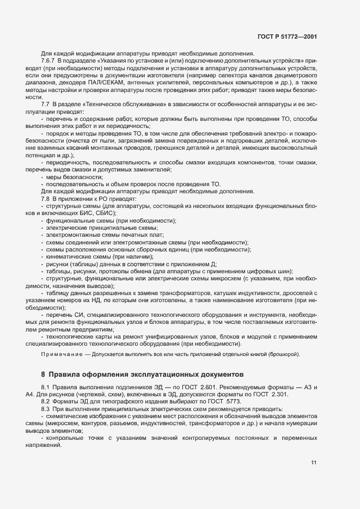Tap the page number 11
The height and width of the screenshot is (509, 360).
click(x=314, y=463)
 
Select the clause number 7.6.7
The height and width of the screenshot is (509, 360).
click(x=50, y=60)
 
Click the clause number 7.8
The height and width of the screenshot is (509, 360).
click(x=46, y=199)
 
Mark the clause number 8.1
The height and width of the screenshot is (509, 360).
click(x=46, y=387)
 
